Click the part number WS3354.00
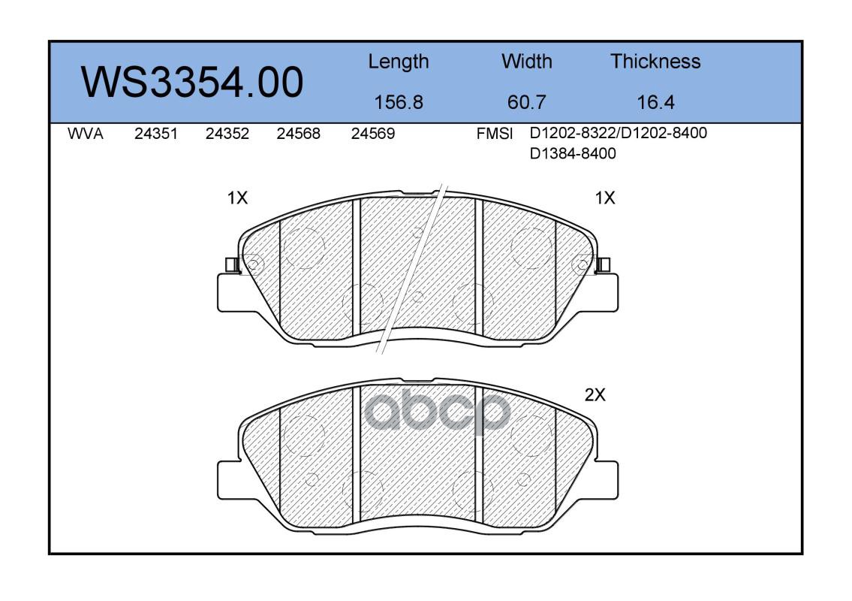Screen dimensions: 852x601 coord(192,82)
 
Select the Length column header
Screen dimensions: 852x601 coord(399,62)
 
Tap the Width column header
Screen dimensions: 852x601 coord(526,61)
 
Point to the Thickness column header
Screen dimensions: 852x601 coord(655,61)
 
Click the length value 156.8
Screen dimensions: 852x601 coord(399,102)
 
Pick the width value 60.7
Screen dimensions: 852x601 coord(526,102)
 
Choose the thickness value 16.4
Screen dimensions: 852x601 coord(655,102)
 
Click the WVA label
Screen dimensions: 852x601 coord(86,134)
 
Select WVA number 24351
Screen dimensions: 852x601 coord(156,134)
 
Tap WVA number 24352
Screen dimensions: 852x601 coord(227,134)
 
